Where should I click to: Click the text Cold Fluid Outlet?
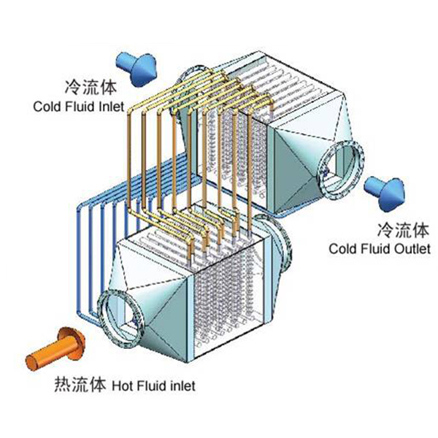coord(379,249)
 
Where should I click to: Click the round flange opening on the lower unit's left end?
coord(117,315)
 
